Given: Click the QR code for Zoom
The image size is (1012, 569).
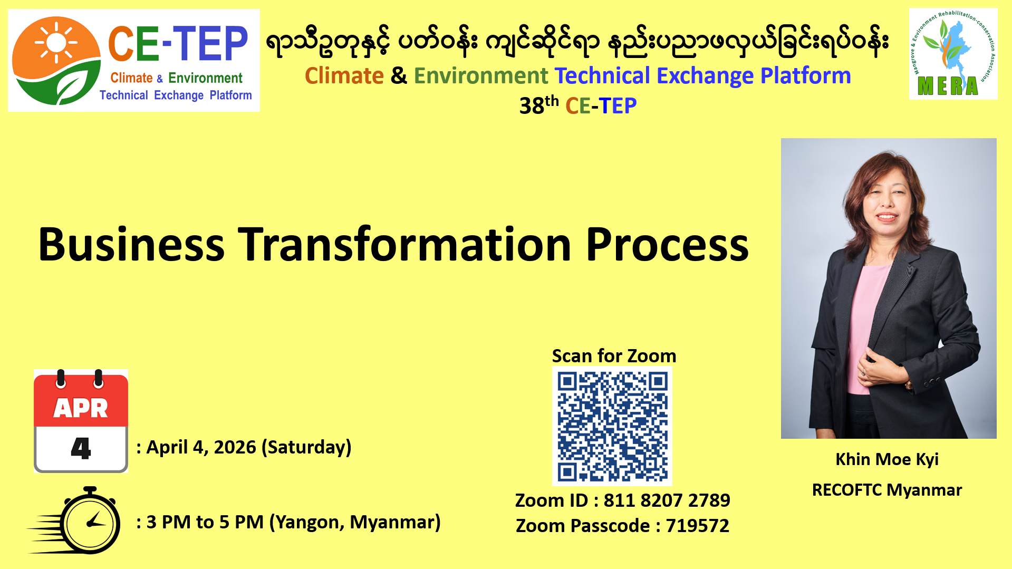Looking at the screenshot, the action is point(612,426).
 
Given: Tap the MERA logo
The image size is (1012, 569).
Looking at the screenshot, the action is point(953,54).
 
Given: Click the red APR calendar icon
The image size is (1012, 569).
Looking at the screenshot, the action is point(81,421).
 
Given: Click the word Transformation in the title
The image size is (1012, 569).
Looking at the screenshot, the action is point(405,245).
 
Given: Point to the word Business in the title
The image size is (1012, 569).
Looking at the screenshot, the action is point(131,245).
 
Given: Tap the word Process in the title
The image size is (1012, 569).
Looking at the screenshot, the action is point(667,245).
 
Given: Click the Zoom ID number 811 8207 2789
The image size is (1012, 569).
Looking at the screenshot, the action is point(667,500).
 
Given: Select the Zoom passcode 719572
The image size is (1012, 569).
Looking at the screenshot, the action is point(697,526).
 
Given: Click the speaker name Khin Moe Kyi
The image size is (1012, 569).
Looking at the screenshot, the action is point(887,459).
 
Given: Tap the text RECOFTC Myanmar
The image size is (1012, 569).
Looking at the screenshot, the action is point(887,490).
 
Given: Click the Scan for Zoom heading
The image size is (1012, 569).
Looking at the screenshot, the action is point(614,356).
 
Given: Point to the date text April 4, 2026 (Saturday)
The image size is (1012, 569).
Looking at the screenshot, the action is point(249,447).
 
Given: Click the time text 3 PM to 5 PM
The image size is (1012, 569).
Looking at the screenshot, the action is point(205,522).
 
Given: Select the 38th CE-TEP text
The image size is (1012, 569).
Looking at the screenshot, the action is point(578,105).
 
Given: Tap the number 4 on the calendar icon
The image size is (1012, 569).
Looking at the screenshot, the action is point(81,448).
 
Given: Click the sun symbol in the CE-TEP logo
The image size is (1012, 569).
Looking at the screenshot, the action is point(56,42).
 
